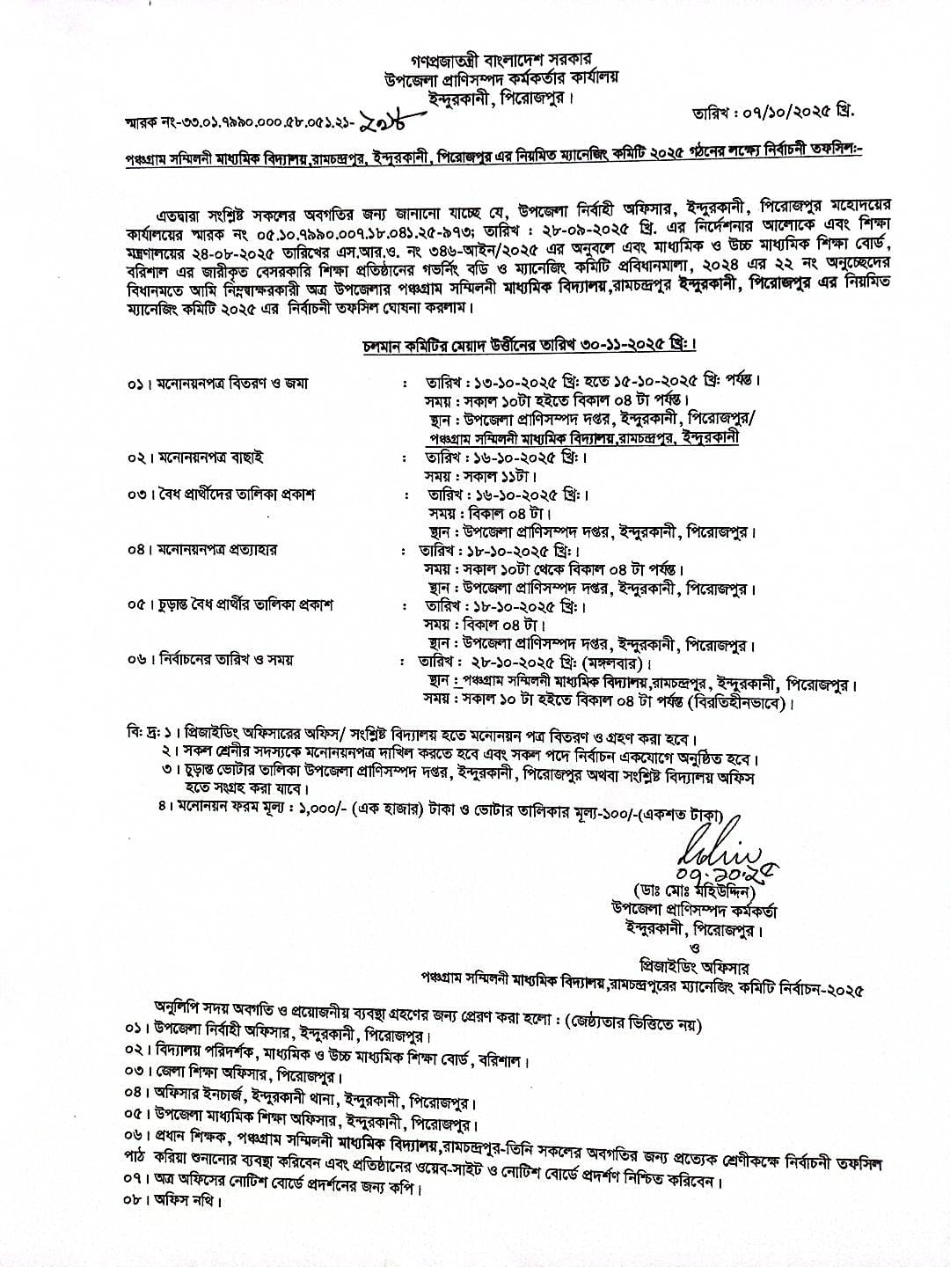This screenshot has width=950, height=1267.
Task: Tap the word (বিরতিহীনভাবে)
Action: [x=737, y=703]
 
